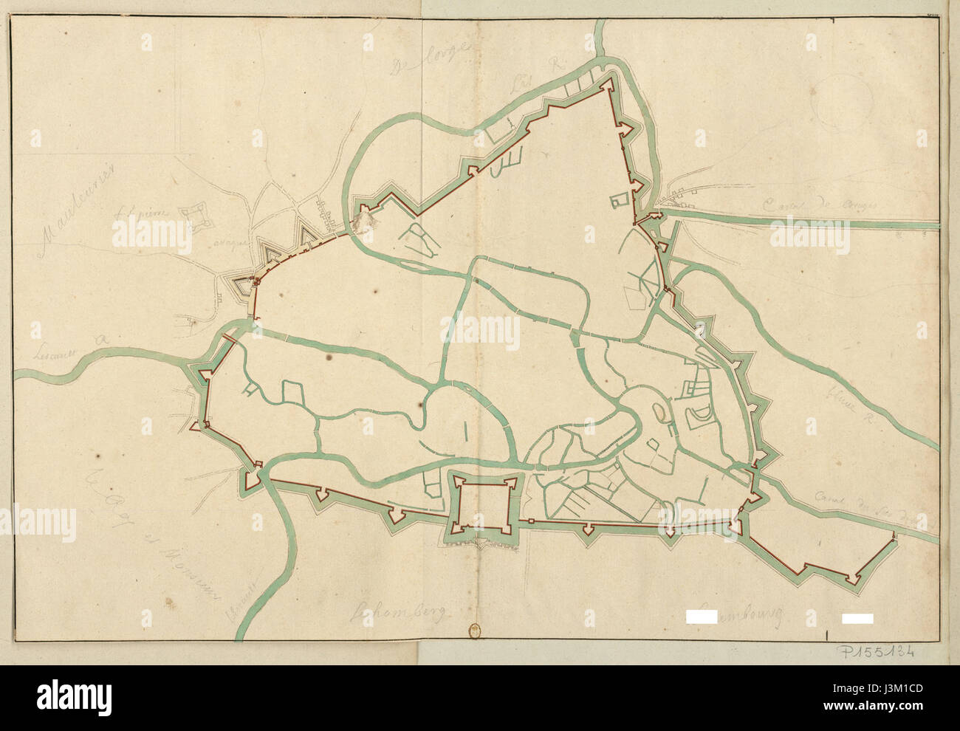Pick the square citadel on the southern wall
pos(483,506)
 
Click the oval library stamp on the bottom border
pos(474,631)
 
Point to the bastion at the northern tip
pos(608,84)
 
